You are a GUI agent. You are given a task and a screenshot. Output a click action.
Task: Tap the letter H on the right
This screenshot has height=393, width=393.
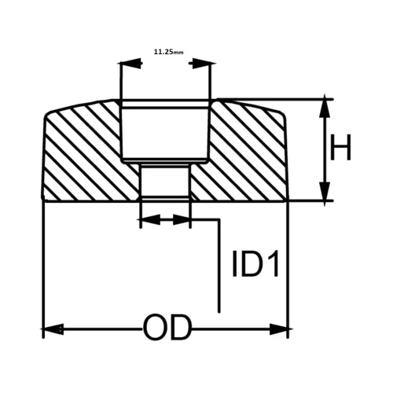pyautogui.click(x=340, y=148)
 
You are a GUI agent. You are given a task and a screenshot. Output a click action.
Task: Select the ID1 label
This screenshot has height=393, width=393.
pyautogui.click(x=256, y=265)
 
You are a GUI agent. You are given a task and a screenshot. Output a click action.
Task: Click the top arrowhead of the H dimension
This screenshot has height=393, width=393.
pyautogui.click(x=324, y=108)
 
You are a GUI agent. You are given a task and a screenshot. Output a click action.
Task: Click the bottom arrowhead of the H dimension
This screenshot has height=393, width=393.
pyautogui.click(x=324, y=193)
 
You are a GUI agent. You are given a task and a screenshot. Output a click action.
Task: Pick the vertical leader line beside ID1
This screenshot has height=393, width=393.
pyautogui.click(x=219, y=267)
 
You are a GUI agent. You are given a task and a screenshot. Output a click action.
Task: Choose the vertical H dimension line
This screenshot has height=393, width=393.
pyautogui.click(x=324, y=149)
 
